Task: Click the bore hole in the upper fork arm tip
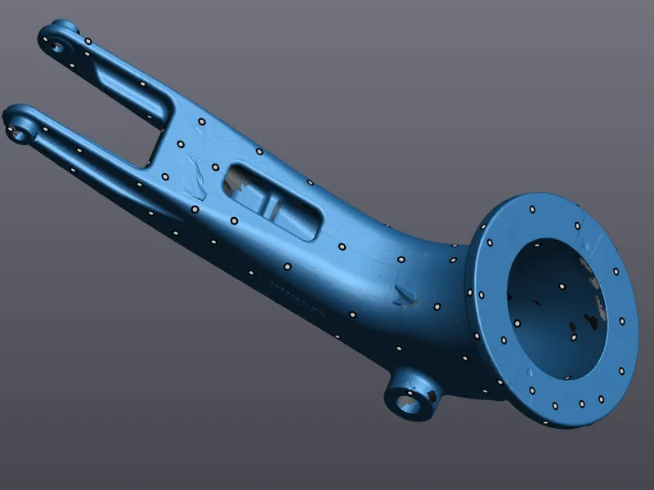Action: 57,46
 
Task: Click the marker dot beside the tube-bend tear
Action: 436,306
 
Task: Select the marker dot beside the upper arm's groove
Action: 143,83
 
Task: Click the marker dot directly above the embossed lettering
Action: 287,266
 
